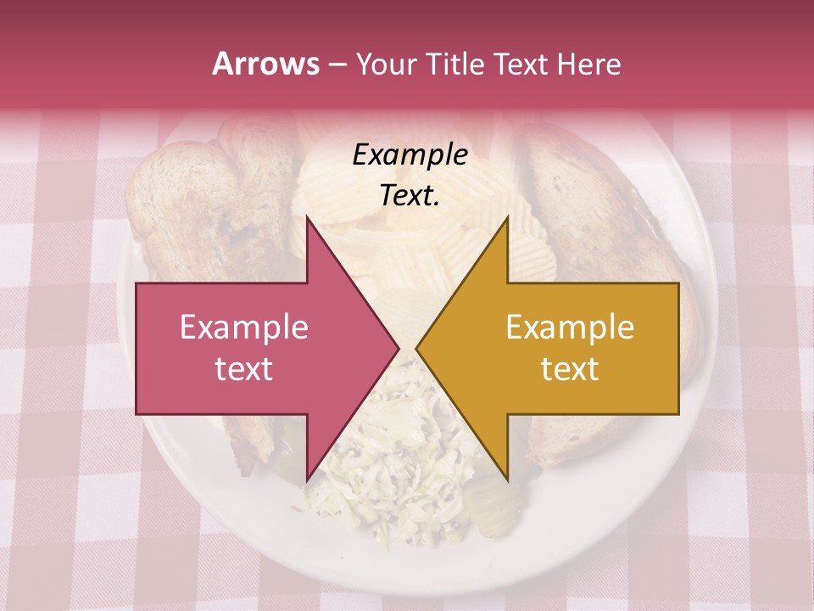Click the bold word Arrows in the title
(266, 64)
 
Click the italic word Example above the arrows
(410, 155)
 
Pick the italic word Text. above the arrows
(410, 195)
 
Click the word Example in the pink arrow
(244, 328)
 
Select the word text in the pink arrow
(244, 369)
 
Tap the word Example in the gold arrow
(570, 328)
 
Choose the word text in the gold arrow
(570, 369)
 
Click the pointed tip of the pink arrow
(398, 348)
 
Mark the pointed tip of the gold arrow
(417, 348)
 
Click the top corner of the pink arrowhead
(307, 219)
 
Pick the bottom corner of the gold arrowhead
(507, 480)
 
